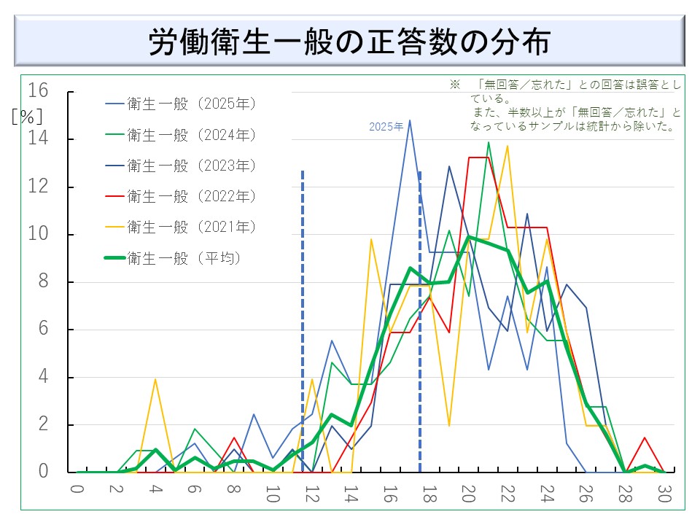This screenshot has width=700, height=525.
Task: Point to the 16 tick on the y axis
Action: [38, 91]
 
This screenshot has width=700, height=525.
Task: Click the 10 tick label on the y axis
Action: [38, 234]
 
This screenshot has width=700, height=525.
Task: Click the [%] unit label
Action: [27, 117]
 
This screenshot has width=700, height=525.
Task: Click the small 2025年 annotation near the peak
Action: [386, 126]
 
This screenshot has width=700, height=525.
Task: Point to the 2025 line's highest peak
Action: [410, 120]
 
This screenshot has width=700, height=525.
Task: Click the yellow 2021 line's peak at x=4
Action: [155, 379]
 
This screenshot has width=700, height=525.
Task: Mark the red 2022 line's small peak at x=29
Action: [645, 437]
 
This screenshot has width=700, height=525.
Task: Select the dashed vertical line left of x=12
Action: [302, 321]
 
